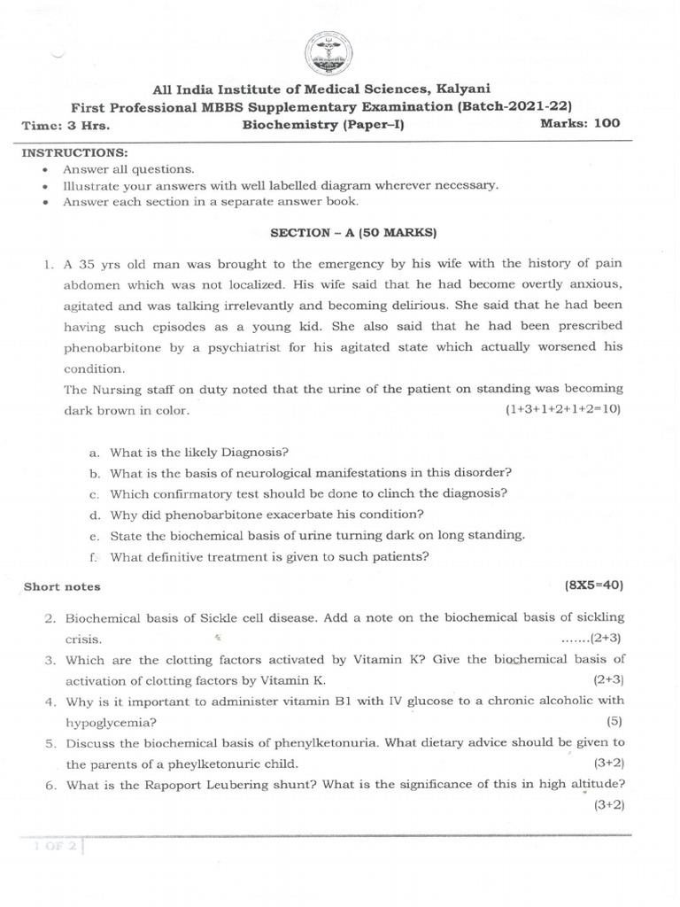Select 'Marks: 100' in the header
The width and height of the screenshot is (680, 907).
click(x=580, y=123)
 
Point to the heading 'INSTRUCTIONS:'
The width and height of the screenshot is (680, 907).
click(x=75, y=152)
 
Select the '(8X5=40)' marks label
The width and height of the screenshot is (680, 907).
click(x=595, y=585)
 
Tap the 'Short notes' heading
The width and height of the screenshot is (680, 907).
click(x=62, y=586)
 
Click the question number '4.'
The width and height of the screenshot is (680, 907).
click(x=51, y=701)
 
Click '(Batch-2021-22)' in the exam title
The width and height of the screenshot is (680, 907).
click(x=520, y=106)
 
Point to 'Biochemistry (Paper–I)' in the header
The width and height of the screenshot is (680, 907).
click(x=322, y=125)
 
